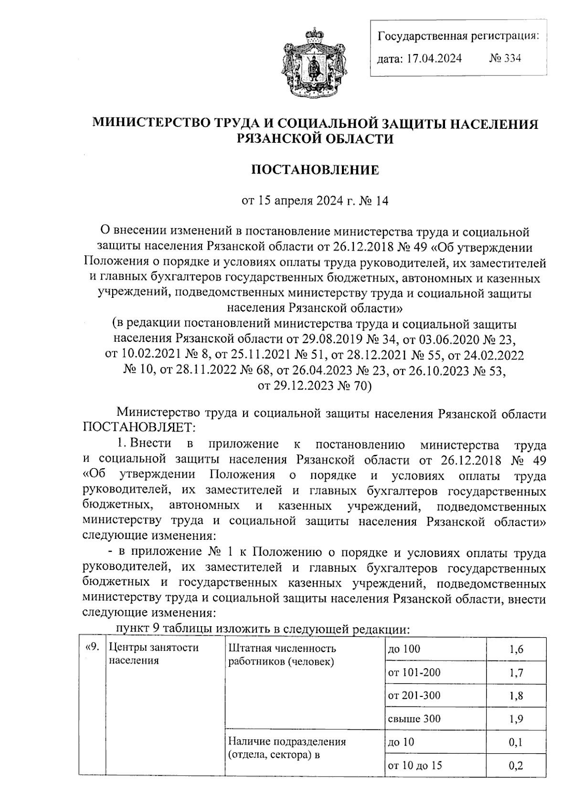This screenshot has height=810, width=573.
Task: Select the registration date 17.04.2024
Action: click(x=434, y=58)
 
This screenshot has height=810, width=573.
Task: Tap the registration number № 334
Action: click(x=505, y=58)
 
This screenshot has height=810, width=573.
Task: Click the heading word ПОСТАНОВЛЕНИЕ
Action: click(x=315, y=170)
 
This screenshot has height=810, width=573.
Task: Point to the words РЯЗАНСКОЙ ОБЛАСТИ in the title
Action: click(x=315, y=139)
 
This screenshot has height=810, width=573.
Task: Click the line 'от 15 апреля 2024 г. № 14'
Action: click(x=315, y=201)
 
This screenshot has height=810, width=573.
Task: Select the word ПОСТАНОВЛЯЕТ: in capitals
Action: click(x=138, y=425)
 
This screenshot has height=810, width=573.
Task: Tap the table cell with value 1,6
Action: click(x=516, y=649)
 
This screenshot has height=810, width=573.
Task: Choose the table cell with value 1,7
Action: click(x=516, y=673)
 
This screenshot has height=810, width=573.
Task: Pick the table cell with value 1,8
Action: click(x=516, y=695)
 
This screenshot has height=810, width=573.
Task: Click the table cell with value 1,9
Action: click(x=516, y=719)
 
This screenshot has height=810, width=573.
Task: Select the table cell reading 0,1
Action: click(x=516, y=742)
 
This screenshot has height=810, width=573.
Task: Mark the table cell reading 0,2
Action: click(x=516, y=766)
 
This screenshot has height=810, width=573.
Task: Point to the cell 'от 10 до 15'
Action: click(x=415, y=766)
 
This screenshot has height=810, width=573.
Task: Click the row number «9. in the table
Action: click(x=92, y=648)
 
